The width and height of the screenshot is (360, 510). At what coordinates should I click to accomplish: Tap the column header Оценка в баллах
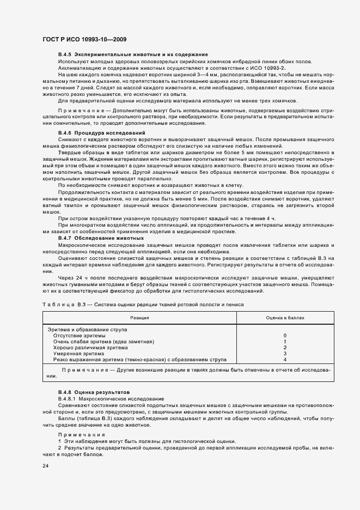pos(285,317)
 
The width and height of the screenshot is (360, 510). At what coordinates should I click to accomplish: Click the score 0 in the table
pos(285,336)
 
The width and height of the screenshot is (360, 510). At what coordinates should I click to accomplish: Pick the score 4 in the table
pos(285,360)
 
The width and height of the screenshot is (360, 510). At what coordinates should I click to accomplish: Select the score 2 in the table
pos(285,348)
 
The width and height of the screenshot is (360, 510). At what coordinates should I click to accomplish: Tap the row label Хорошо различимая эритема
pos(88,348)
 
